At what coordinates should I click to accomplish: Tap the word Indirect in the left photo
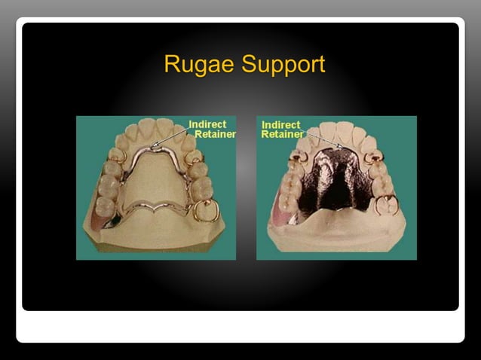(207, 124)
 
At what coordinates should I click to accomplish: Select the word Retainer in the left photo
(215, 134)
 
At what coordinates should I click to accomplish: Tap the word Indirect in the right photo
(280, 125)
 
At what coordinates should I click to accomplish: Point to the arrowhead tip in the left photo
(153, 146)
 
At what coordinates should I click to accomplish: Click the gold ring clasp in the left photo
(203, 211)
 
